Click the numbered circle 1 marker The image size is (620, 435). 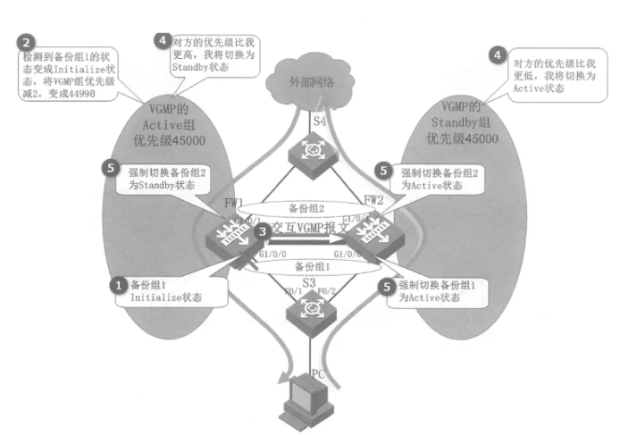115,283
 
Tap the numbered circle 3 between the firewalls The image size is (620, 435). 261,231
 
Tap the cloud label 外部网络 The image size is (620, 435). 311,82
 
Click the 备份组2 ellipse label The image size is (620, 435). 307,206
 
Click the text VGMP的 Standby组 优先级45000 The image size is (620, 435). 462,124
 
